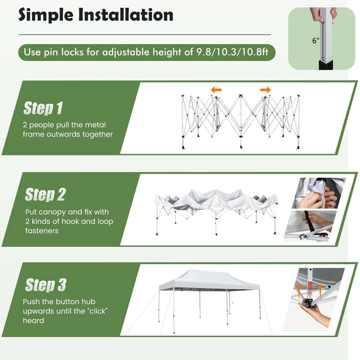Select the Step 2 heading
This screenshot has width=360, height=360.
click(45, 194)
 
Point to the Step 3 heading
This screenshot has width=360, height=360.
click(45, 285)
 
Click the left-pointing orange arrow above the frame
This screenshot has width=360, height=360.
click(216, 90)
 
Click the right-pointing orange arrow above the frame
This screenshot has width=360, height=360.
click(265, 90)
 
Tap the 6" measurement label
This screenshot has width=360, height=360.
click(316, 40)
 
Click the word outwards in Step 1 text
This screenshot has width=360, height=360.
click(66, 134)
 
